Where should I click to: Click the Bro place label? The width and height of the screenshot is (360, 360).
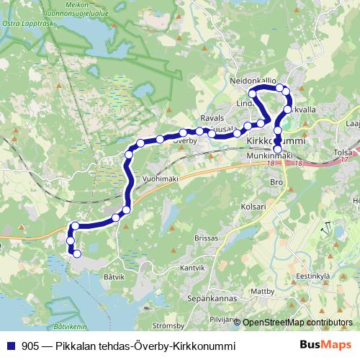coord(275,183)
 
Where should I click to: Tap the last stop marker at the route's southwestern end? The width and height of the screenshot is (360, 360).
coord(76,253)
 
